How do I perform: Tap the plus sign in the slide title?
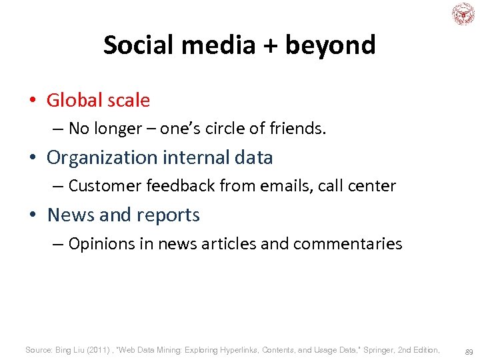pyautogui.click(x=271, y=45)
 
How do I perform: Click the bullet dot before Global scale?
pyautogui.click(x=32, y=101)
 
